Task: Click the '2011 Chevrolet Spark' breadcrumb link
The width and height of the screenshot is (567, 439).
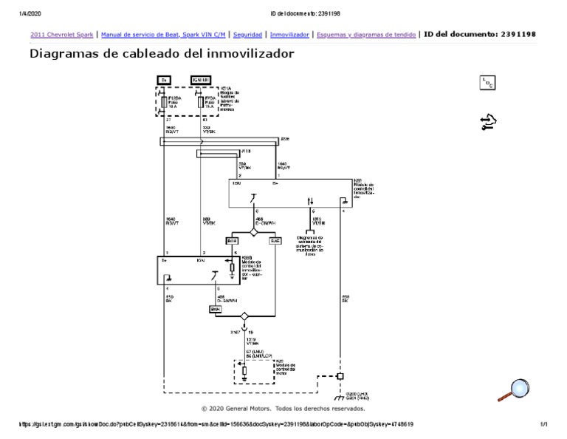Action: pos(61,34)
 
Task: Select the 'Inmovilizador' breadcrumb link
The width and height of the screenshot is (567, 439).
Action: pos(289,34)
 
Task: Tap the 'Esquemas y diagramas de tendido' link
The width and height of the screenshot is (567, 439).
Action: pos(365,34)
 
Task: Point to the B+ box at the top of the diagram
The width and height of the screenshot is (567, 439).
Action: pos(165,79)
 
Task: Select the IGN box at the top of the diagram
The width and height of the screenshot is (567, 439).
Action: pos(202,79)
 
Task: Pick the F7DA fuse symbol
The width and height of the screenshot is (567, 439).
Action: pos(202,101)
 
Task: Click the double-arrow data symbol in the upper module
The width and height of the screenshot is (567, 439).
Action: pos(310,200)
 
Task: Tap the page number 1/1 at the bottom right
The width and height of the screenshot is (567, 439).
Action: pos(543,424)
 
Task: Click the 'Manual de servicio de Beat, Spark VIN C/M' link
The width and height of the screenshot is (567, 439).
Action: pos(162,34)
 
